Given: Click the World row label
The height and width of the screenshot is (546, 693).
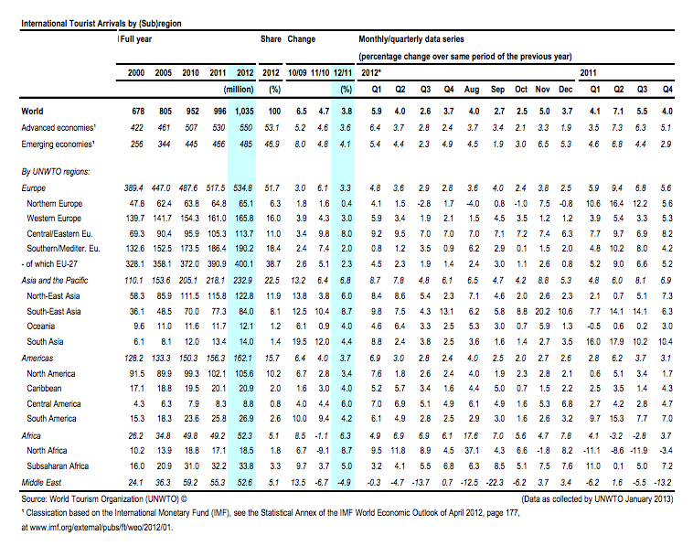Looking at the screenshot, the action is [32, 112].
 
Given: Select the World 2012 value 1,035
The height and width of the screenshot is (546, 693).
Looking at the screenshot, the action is [244, 112].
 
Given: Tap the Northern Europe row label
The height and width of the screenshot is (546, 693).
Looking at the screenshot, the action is [54, 203].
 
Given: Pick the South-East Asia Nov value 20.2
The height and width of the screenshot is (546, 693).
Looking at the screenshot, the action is [542, 311].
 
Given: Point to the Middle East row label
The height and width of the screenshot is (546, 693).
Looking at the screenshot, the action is [41, 482].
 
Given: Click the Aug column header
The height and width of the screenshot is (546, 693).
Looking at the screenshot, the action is [472, 90].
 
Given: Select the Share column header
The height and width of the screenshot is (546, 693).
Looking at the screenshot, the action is [271, 39].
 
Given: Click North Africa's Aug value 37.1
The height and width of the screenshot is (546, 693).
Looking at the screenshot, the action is [472, 451].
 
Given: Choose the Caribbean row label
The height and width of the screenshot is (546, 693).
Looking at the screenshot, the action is [44, 388].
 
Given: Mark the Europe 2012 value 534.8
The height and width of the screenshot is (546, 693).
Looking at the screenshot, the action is [242, 187].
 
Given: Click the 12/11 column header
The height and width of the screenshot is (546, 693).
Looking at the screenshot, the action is [343, 73].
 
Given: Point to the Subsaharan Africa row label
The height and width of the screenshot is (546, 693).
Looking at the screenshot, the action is [58, 466].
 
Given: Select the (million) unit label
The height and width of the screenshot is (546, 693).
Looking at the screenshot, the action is [239, 90].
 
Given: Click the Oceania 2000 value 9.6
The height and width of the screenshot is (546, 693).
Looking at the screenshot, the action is [139, 327].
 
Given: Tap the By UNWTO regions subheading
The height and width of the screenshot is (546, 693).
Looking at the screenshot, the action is [56, 172].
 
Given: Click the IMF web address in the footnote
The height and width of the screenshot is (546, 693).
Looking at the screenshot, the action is [101, 528].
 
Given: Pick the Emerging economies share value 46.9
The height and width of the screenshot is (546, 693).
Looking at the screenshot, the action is [272, 145].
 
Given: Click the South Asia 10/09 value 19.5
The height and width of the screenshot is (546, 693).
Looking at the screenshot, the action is [299, 342].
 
